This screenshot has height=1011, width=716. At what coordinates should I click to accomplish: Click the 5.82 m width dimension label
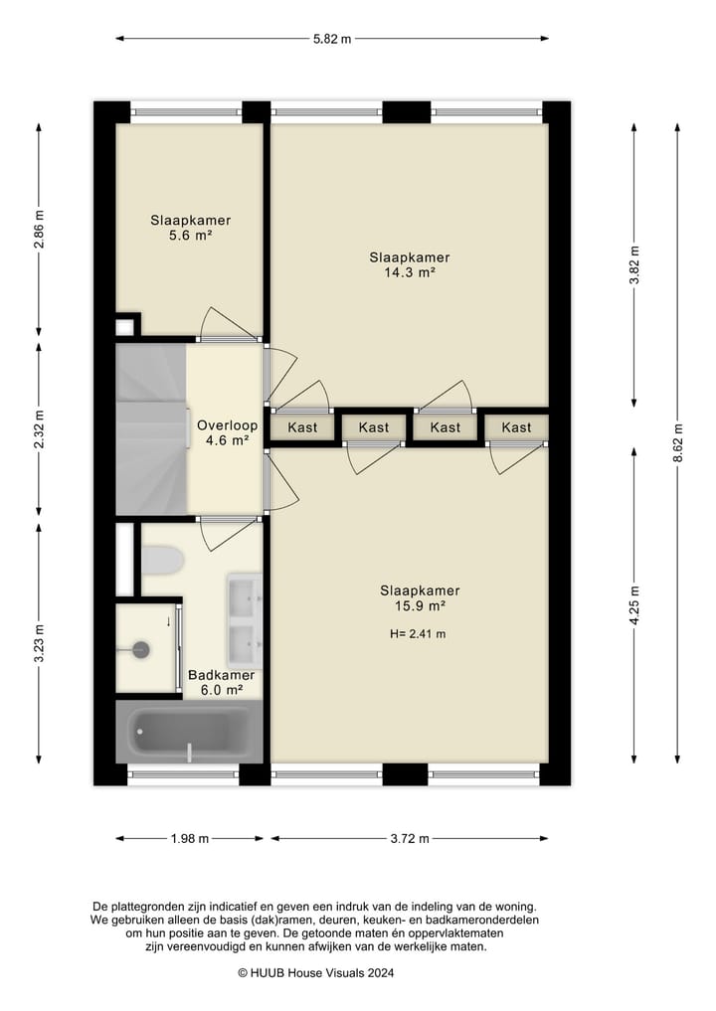pos(332,39)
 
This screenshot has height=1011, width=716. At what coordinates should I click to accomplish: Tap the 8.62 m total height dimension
pos(677,443)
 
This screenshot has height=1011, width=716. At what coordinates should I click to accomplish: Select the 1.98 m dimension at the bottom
pos(190,839)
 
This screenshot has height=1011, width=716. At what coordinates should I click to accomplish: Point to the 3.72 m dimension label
pos(410,839)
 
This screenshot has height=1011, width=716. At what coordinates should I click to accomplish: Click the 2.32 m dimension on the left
pos(39,429)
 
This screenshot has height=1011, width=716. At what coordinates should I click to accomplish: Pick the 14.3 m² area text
pos(410,272)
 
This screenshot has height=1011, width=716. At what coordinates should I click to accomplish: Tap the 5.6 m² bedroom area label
pos(191,236)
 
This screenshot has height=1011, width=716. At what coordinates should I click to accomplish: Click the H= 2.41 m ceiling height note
pos(418,634)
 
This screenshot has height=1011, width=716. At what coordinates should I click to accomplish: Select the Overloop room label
pos(227,425)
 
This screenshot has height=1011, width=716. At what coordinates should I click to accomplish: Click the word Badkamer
pos(221,675)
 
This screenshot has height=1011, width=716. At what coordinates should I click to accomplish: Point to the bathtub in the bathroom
pos(189,732)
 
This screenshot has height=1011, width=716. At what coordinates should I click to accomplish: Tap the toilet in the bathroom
pos(161,561)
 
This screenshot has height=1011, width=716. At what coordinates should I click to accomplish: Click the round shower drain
pos(140,649)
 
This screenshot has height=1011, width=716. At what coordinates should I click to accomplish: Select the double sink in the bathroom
pos(245,619)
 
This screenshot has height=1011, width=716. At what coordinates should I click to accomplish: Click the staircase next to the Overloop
pos(151,428)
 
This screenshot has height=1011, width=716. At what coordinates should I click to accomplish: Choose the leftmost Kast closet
pos(302,427)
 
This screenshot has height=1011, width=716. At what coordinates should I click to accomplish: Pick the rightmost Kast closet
pos(517,427)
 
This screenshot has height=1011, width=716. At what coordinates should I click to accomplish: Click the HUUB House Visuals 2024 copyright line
pos(315,973)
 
